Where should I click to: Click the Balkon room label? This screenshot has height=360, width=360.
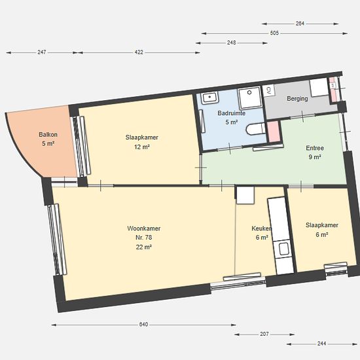tap(48, 135)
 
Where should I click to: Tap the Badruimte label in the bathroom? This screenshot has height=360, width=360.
tap(232, 113)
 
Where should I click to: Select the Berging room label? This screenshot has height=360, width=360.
tap(297, 99)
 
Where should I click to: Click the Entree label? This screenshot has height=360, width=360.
tap(315, 148)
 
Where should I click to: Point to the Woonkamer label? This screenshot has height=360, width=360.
tap(144, 228)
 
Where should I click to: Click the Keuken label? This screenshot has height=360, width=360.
tap(262, 228)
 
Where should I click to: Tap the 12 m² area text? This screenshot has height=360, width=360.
tap(142, 147)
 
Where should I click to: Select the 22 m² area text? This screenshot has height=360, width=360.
tap(144, 247)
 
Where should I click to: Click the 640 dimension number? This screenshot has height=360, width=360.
tap(144, 325)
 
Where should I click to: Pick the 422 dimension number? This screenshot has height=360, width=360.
tap(139, 52)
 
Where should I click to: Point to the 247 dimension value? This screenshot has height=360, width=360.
tap(42, 52)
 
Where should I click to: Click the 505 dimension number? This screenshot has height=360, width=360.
tap(274, 33)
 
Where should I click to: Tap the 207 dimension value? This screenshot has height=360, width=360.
tap(264, 334)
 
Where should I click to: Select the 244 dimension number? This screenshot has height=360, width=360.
tap(321, 344)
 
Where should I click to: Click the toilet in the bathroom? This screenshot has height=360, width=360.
tap(256, 129)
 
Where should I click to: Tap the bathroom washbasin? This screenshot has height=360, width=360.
tap(210, 98)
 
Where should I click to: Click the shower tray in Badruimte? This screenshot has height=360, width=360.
tap(250, 98)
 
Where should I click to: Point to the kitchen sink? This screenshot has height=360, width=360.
tap(284, 249)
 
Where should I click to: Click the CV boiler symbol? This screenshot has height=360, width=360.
tap(269, 90)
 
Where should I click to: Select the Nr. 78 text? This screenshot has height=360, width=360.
tap(144, 238)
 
